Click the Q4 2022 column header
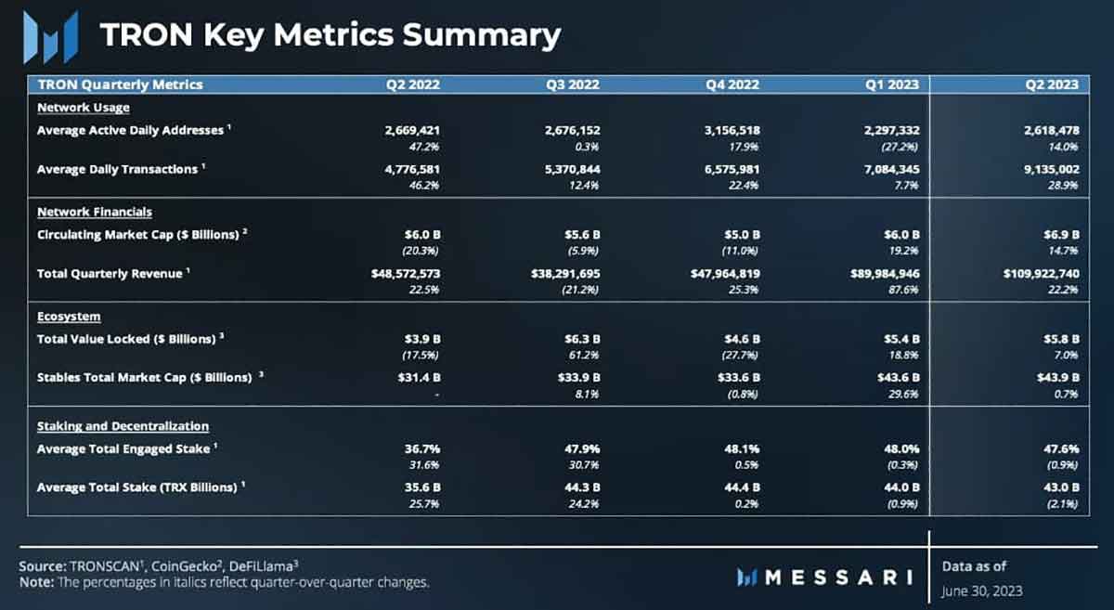tap(732, 84)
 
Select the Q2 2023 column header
tap(1052, 84)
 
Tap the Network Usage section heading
tap(84, 108)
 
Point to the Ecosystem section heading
tap(69, 317)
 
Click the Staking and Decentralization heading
tap(123, 426)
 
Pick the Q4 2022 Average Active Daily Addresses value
tap(732, 130)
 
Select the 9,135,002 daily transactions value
tap(1051, 169)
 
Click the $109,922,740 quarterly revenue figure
tap(1041, 274)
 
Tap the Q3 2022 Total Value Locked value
tap(582, 339)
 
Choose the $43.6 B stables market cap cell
tap(899, 378)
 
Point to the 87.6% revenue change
tap(903, 290)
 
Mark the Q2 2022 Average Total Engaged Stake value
tap(422, 448)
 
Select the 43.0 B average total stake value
tap(1061, 487)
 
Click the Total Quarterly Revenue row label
tap(110, 274)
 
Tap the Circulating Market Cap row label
tap(138, 235)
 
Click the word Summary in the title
tap(482, 36)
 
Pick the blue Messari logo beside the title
tap(51, 38)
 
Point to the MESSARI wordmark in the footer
tap(824, 578)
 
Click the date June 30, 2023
tap(982, 591)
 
